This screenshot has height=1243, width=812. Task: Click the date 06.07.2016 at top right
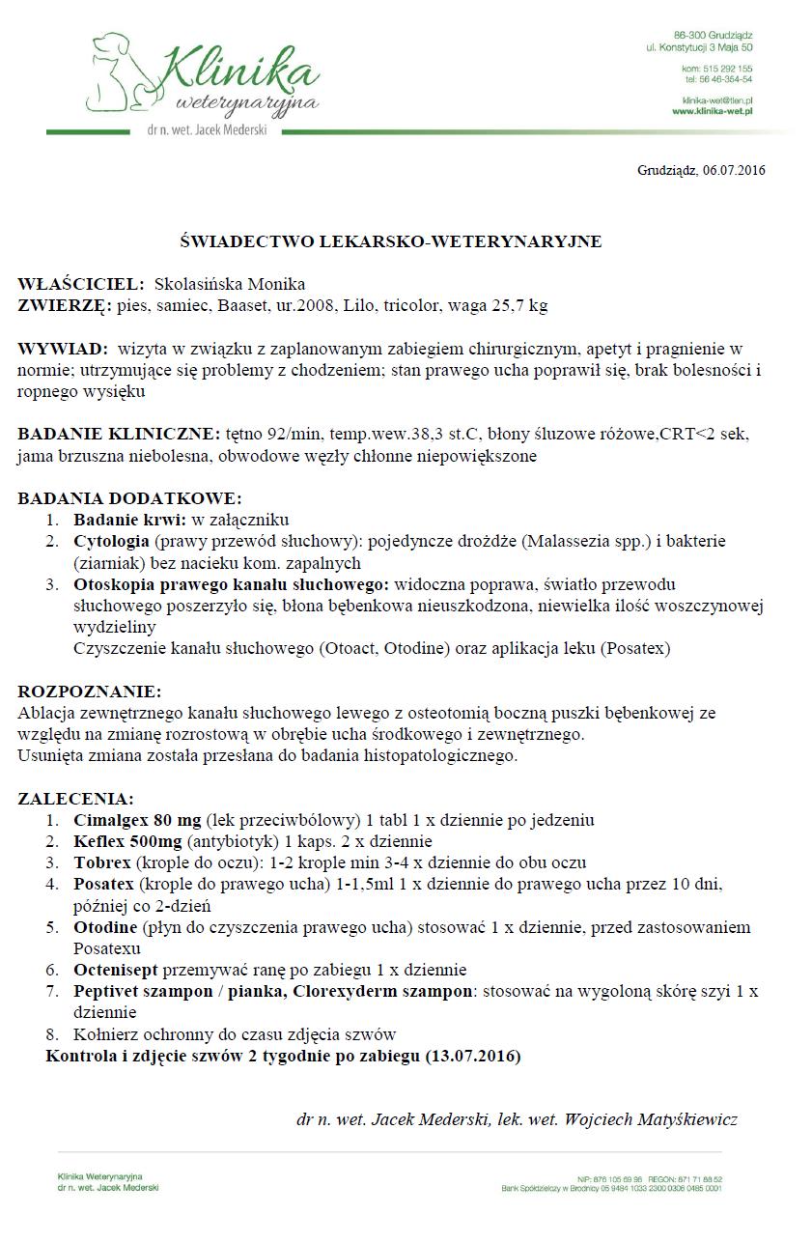tap(734, 170)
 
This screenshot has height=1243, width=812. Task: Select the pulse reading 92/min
tap(294, 434)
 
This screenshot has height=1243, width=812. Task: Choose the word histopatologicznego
tap(441, 755)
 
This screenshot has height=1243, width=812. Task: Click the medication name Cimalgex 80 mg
tap(137, 820)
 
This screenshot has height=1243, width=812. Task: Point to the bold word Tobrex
tap(101, 862)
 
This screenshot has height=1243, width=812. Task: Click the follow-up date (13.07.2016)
tap(472, 1056)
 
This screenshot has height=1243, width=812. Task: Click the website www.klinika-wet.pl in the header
tap(713, 111)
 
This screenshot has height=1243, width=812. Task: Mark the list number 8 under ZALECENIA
tap(52, 1033)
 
